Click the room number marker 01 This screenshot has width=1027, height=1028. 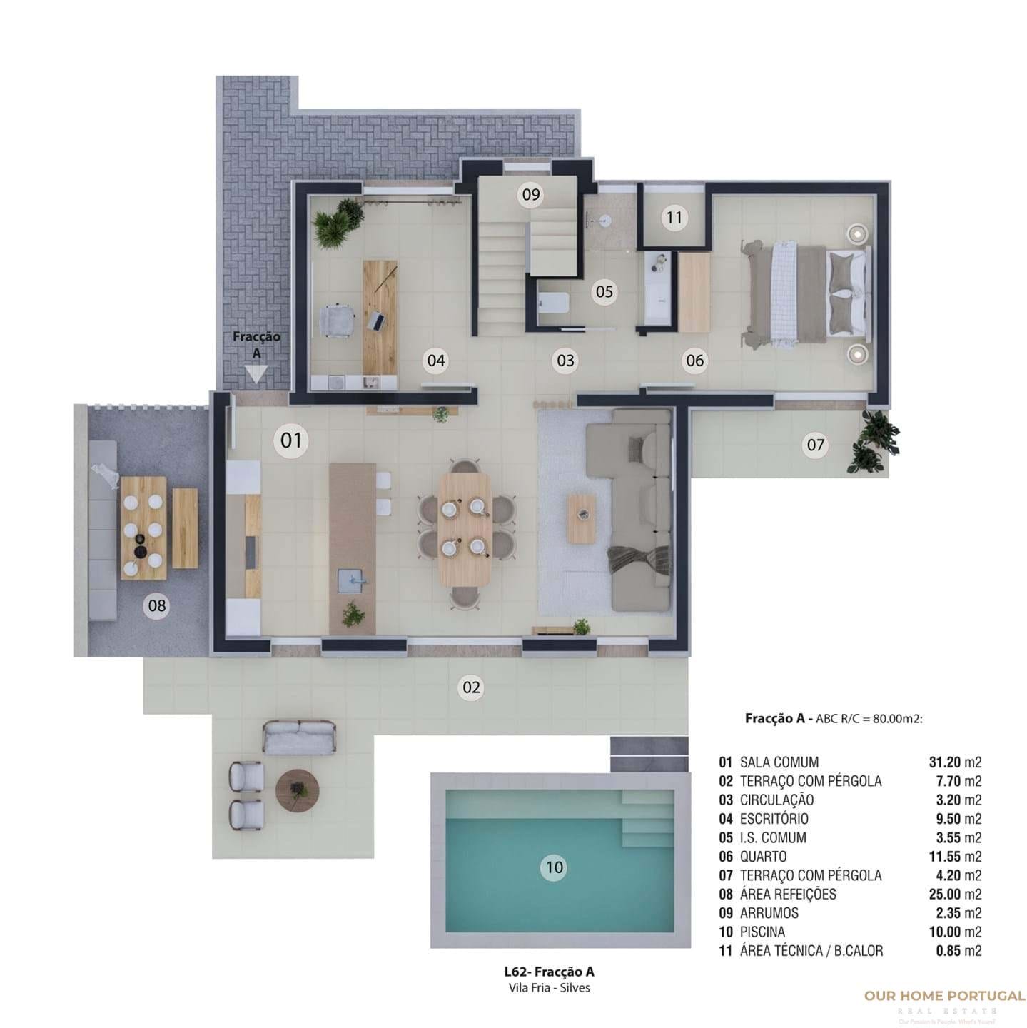(x=291, y=440)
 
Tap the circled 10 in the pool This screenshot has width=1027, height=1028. (x=554, y=867)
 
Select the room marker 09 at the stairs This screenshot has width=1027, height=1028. (x=530, y=194)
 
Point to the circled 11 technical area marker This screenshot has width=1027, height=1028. (x=674, y=217)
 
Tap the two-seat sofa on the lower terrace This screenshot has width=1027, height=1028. (x=299, y=737)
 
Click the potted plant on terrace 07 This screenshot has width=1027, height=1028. (x=873, y=442)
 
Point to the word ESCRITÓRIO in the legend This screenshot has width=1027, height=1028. (x=774, y=819)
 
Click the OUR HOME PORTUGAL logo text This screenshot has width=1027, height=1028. (x=944, y=996)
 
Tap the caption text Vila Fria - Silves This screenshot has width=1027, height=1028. (x=548, y=988)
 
